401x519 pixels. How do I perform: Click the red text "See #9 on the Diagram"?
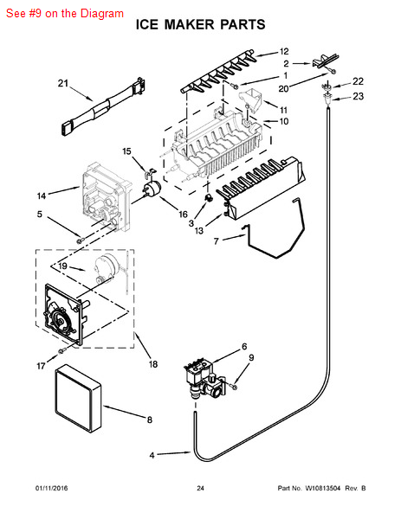65,13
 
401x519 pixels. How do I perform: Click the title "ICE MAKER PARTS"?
201,24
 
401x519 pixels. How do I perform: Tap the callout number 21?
63,83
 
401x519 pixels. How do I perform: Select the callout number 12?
284,52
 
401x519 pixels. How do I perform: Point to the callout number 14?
42,196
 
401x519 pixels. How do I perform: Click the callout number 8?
150,420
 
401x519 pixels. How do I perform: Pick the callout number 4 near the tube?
152,456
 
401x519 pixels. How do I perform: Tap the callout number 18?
152,364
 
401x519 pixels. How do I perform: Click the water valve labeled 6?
204,380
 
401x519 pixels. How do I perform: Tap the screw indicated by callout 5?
80,240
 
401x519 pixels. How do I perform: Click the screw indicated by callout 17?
61,351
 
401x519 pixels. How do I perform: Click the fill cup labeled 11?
251,100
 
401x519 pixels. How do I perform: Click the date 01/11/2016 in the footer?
51,488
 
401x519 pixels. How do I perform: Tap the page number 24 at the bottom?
201,488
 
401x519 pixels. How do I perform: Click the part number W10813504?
322,488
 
